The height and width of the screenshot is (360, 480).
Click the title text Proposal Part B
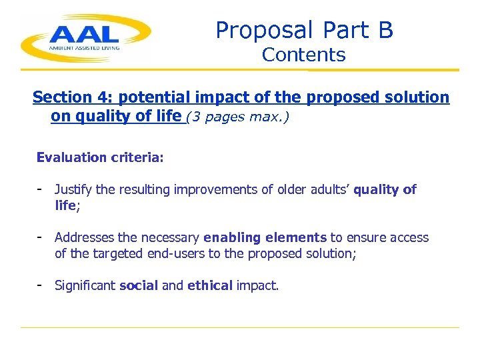[x=304, y=30]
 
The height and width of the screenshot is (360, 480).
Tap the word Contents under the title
[x=303, y=55]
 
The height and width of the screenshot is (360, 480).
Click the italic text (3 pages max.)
[x=237, y=117]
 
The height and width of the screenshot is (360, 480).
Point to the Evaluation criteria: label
[x=100, y=157]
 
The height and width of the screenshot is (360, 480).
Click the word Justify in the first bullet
[x=71, y=190]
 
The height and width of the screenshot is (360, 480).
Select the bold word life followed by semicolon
[x=65, y=206]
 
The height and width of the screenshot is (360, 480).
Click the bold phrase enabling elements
[x=265, y=238]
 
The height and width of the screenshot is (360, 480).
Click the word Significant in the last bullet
[x=85, y=286]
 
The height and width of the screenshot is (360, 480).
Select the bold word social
[x=139, y=286]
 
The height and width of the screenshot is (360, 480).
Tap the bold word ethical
[x=210, y=286]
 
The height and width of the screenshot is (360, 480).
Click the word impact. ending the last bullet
[x=257, y=286]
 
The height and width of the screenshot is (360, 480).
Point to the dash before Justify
[x=40, y=189]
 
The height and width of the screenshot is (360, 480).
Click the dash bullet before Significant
[x=40, y=285]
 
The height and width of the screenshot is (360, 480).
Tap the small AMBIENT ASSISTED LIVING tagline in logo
[x=83, y=48]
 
